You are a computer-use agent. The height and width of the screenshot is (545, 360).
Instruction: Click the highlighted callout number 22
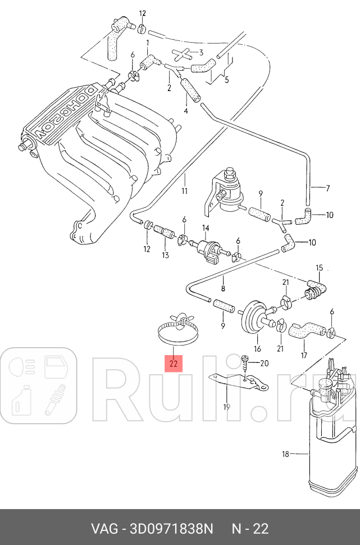tap(174, 364)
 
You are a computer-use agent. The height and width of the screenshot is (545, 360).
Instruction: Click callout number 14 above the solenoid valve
tap(206, 228)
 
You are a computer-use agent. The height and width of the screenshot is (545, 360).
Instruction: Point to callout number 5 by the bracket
tap(226, 79)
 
